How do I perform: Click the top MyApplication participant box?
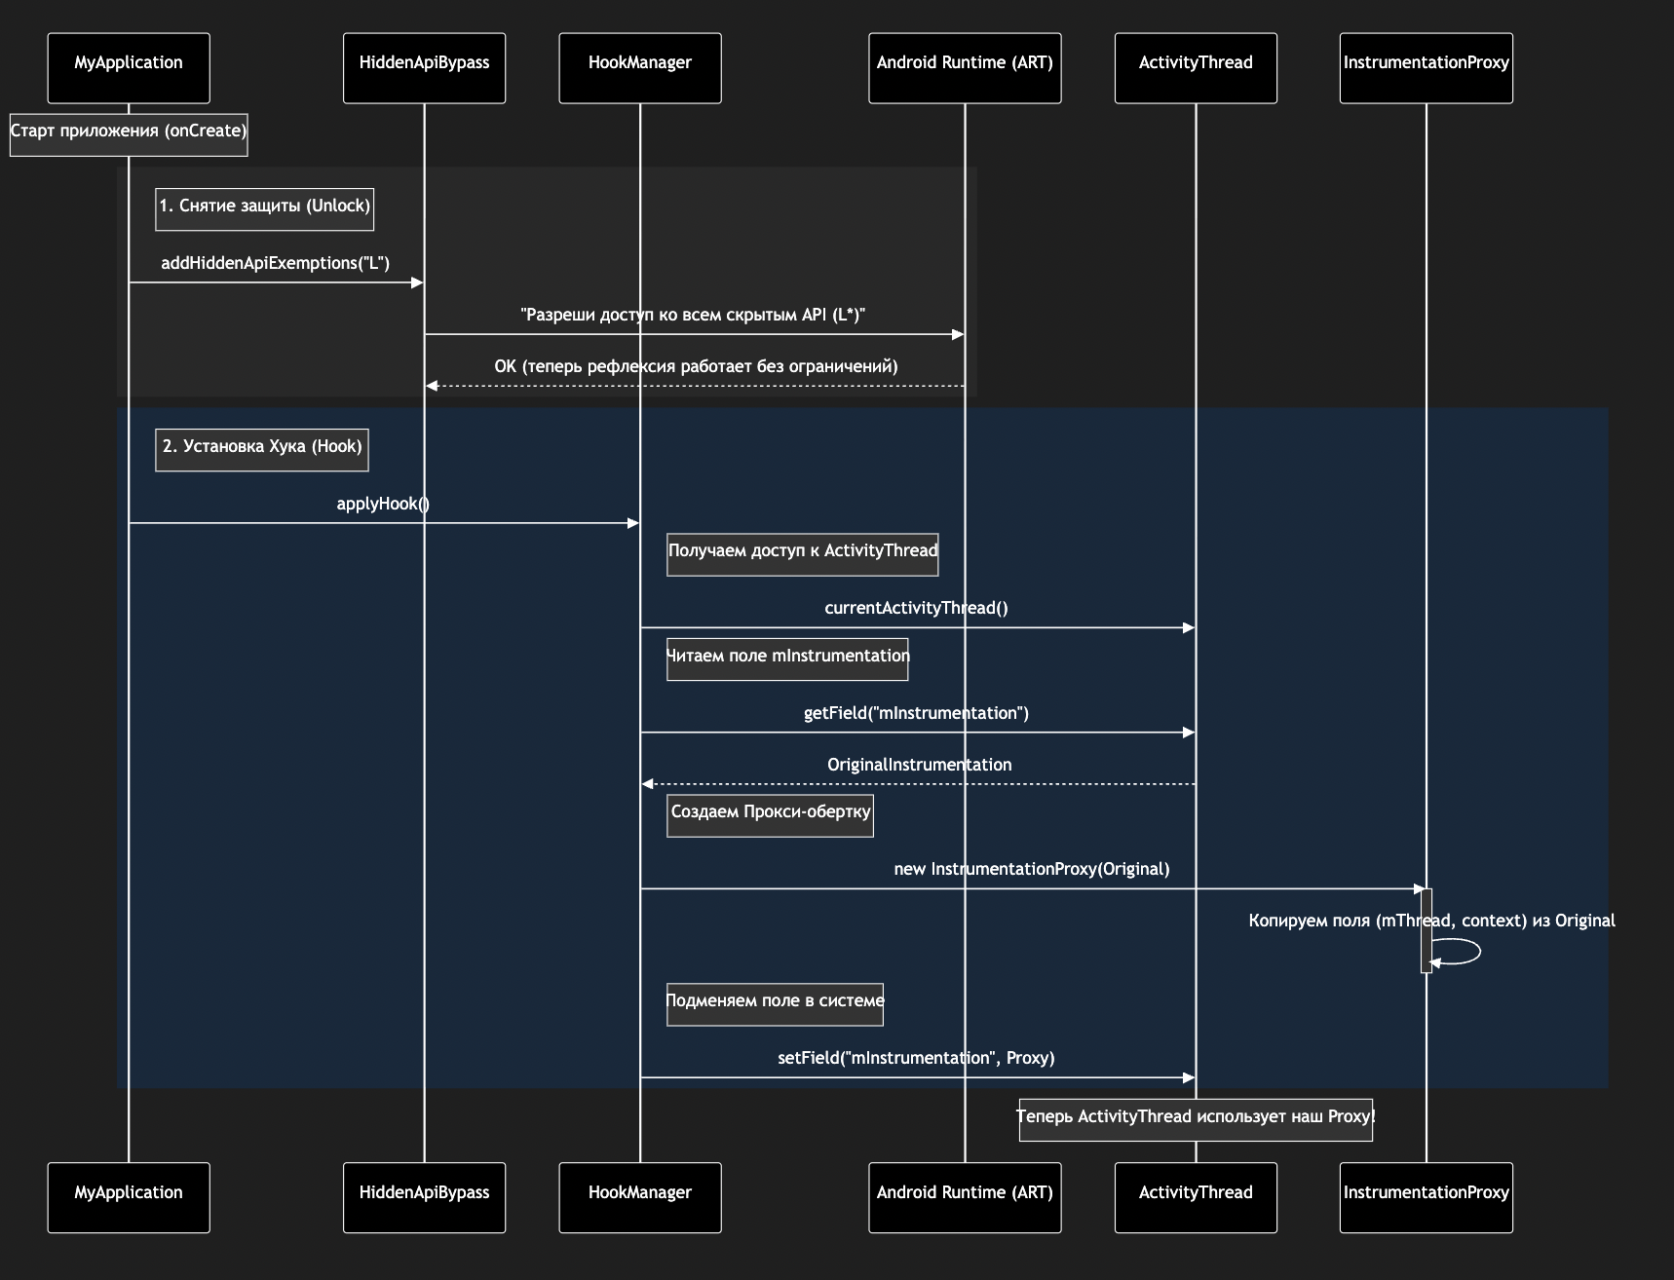[129, 67]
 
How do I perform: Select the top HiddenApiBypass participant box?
[424, 67]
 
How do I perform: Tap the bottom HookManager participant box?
[640, 1197]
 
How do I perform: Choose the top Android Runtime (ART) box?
[965, 67]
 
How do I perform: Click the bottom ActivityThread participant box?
[1196, 1197]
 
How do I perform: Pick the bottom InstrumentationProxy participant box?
[1426, 1197]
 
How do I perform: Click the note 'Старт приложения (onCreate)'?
[129, 134]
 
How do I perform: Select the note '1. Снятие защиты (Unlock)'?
[264, 209]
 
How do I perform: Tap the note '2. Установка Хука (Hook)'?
[262, 450]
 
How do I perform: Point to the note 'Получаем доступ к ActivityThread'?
[802, 554]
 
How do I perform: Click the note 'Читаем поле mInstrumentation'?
[787, 659]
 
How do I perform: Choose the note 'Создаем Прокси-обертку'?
[770, 815]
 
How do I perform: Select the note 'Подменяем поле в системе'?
[775, 1004]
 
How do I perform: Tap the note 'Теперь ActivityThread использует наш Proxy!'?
[1196, 1119]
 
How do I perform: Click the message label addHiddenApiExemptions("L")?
[275, 263]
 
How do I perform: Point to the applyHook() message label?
[383, 504]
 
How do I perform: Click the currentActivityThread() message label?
[916, 608]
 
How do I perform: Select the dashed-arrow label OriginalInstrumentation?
[919, 765]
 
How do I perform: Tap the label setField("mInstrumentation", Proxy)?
[916, 1058]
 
